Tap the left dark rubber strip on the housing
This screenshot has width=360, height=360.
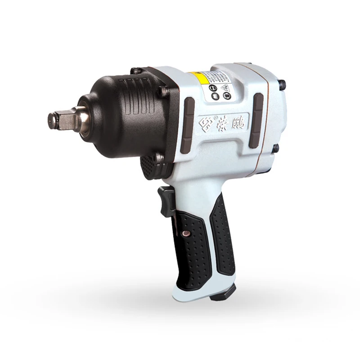(x=188, y=124)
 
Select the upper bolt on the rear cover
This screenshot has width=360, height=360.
(x=282, y=84)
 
